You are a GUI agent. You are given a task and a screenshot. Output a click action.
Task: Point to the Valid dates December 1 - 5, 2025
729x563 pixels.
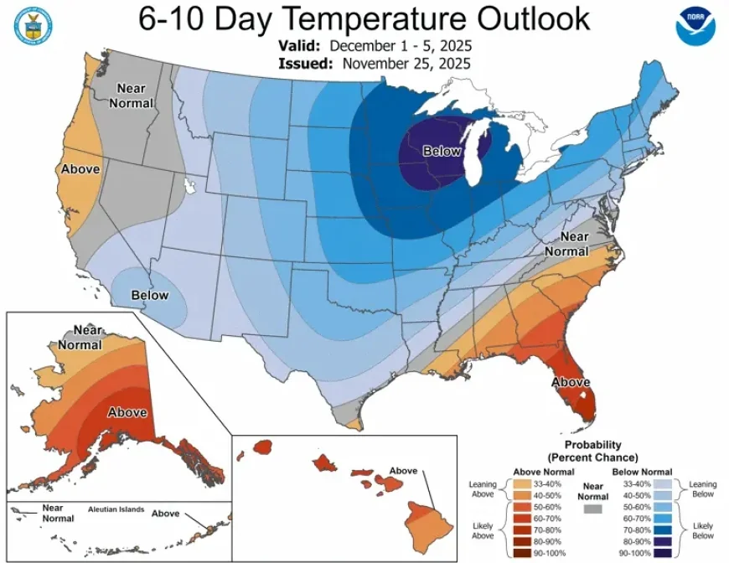tap(401, 46)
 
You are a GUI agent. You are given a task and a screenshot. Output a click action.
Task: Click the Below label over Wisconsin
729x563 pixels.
tap(442, 151)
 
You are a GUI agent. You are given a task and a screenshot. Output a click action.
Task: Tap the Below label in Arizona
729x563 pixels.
tap(149, 295)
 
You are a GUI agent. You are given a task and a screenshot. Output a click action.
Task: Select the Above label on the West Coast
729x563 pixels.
tap(80, 169)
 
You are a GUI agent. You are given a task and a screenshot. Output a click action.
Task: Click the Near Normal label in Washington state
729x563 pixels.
tap(134, 96)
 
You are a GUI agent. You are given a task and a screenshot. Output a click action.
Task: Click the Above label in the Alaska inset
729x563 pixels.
tap(127, 412)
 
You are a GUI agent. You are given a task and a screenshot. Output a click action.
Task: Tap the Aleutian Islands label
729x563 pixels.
tap(116, 509)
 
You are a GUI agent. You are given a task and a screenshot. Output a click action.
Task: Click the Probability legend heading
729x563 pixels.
tap(592, 451)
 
